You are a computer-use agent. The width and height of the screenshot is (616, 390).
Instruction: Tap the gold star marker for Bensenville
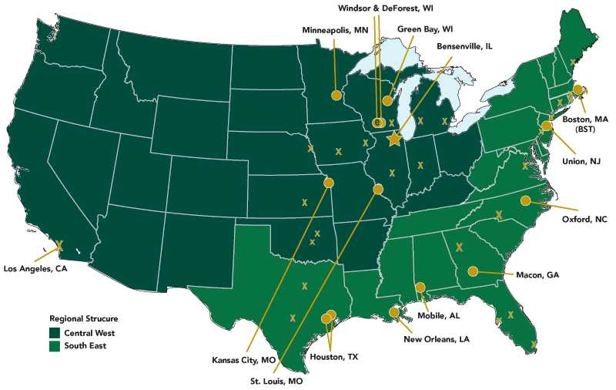click(395, 139)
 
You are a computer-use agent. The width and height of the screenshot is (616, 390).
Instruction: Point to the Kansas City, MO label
click(244, 360)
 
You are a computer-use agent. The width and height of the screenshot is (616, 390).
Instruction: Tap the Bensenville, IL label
click(464, 46)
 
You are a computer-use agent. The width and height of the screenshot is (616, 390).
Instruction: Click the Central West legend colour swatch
click(55, 332)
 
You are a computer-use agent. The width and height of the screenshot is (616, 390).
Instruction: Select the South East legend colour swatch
click(55, 346)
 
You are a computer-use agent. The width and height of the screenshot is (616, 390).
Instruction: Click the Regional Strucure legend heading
click(84, 318)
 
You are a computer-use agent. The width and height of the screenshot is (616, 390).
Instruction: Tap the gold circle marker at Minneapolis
click(336, 95)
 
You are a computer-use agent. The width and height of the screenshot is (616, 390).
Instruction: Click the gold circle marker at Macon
click(473, 271)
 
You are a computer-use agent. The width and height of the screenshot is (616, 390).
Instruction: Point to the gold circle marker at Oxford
click(526, 201)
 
